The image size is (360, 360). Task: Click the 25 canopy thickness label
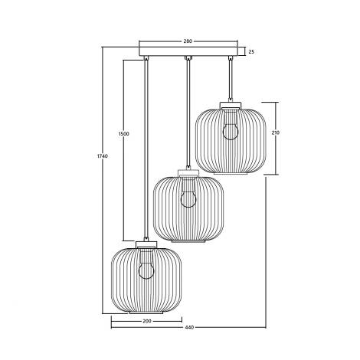[x=250, y=51]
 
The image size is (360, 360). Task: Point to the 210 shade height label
[x=275, y=133]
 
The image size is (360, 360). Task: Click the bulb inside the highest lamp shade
[x=229, y=130]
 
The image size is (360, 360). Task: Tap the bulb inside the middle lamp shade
[x=186, y=199]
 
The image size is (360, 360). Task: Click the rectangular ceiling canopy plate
[x=188, y=51]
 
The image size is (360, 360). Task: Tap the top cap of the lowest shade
[x=146, y=244]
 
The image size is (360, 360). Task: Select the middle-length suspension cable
[x=188, y=115]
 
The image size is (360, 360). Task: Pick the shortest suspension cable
[x=230, y=80]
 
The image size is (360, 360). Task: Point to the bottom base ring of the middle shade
[x=188, y=243]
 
